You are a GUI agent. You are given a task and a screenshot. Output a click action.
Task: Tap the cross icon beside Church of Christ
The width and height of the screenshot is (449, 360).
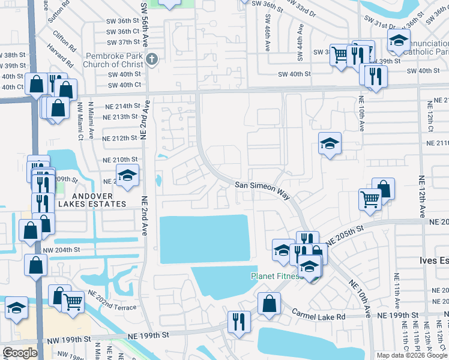(x=152, y=59)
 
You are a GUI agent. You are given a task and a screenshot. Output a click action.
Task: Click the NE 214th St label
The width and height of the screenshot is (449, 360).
(x=122, y=106)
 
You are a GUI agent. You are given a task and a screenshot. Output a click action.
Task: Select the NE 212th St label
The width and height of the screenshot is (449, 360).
(x=120, y=139)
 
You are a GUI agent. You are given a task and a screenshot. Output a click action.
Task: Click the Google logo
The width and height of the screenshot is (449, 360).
(x=20, y=353)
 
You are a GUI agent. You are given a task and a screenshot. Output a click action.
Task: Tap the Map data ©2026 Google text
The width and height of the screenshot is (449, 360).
(x=412, y=355)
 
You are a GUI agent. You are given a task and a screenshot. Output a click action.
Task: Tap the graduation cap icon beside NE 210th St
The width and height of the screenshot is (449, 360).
(x=127, y=175)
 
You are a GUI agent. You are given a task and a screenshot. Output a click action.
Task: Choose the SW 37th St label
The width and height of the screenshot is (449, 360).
(x=120, y=43)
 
